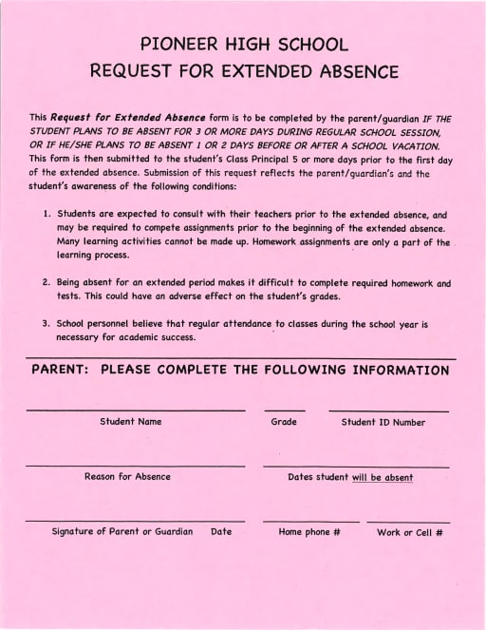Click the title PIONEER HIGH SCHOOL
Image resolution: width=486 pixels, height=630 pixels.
(244, 44)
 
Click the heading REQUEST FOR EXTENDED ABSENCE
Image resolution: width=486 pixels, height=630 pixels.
(244, 71)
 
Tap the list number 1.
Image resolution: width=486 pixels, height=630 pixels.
(47, 216)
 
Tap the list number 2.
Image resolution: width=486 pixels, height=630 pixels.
(47, 283)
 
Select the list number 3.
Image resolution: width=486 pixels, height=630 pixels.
(47, 324)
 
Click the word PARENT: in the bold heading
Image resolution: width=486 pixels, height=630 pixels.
(60, 371)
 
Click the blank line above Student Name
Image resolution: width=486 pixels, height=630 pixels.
(135, 410)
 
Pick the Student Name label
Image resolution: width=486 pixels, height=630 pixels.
(131, 422)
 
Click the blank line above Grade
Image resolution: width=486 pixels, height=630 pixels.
(284, 410)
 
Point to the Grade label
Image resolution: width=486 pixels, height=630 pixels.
(284, 422)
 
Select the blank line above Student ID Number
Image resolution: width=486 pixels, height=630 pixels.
(388, 410)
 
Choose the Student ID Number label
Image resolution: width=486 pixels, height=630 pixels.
(383, 422)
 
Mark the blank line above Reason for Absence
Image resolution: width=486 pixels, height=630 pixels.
(135, 467)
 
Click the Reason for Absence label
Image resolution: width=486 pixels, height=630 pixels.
(127, 477)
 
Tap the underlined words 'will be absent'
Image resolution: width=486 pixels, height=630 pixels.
(383, 478)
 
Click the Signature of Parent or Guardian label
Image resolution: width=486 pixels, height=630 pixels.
(122, 532)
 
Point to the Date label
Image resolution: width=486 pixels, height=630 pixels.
(221, 532)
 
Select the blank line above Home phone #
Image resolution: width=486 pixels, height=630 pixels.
(310, 522)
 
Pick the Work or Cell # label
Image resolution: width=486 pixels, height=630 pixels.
(410, 533)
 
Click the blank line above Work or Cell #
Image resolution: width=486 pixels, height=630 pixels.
(408, 522)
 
